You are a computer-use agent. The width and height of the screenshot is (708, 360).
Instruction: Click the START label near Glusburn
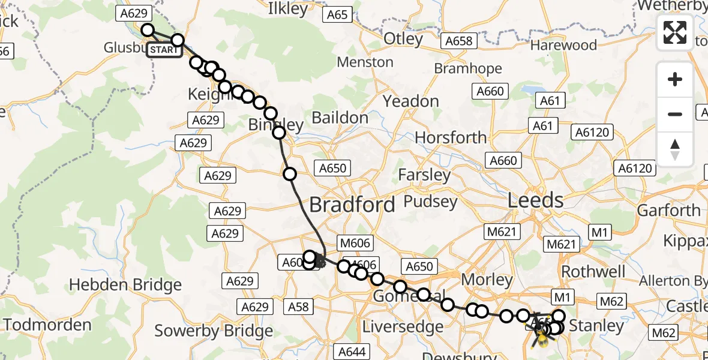(164, 50)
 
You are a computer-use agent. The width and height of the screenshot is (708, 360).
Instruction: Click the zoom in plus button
(675, 79)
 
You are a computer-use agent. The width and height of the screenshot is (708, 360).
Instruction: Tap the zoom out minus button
(675, 114)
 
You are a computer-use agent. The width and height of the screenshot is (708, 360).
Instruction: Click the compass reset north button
(675, 149)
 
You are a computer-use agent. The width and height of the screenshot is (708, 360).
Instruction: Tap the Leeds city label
(535, 200)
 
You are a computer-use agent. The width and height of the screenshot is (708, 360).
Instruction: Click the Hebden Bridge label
(125, 284)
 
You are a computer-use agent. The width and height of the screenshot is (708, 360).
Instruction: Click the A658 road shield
(459, 41)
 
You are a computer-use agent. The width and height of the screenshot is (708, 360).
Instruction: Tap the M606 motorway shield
(355, 243)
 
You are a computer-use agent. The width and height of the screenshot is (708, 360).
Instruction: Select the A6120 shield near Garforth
(635, 169)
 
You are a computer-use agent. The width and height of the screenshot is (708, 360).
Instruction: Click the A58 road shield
(298, 307)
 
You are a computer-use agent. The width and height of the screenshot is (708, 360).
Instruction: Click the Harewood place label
(563, 45)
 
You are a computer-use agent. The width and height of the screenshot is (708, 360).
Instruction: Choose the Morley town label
(487, 279)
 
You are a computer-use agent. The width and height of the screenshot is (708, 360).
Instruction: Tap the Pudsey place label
(431, 201)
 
